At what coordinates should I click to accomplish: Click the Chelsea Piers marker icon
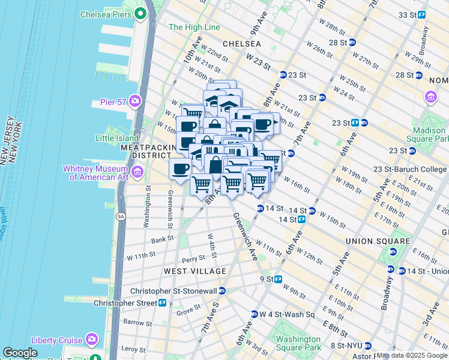click(142, 13)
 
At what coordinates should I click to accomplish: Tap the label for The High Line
click(194, 27)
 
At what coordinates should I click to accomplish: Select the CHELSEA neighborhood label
click(241, 44)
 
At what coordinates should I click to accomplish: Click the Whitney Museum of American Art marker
click(137, 173)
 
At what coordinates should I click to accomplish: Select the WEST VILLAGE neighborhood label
click(187, 271)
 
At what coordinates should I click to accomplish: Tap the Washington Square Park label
click(298, 343)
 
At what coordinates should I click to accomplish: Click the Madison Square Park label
click(429, 135)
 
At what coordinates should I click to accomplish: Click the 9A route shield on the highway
click(121, 216)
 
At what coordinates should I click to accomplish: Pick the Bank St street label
click(163, 239)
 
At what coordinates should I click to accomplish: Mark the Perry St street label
click(193, 260)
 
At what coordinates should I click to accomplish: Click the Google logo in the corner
click(20, 353)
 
